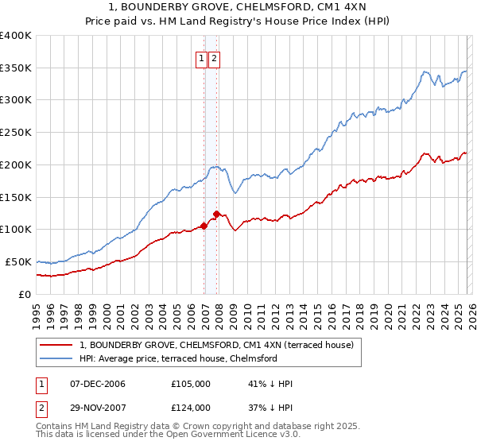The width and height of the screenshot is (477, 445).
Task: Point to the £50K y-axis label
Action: point(18,261)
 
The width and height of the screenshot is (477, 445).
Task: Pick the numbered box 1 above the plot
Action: point(202,57)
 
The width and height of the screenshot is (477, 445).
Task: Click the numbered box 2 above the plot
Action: point(215,57)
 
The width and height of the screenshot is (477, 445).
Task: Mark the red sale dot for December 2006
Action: point(204,226)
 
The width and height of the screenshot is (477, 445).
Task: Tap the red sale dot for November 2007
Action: point(217,213)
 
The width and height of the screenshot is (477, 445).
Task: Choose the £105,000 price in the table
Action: point(190,384)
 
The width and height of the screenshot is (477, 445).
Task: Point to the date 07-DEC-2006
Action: point(98,384)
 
